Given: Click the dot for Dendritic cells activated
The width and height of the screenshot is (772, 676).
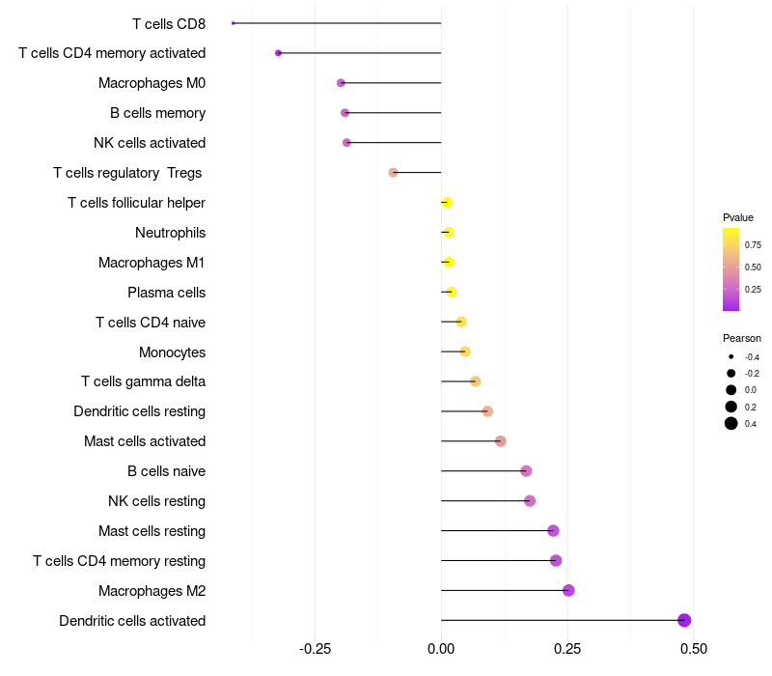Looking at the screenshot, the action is tap(684, 620).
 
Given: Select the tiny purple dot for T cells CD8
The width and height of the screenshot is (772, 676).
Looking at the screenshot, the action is tap(234, 23).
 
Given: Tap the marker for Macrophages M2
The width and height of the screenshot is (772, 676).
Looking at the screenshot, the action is tap(568, 590).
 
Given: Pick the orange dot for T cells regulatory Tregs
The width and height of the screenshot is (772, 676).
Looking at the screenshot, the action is tap(393, 173).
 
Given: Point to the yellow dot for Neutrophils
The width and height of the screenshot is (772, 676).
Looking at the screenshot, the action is tap(448, 232).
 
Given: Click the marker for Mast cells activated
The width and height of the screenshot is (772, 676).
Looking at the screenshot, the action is tap(500, 441).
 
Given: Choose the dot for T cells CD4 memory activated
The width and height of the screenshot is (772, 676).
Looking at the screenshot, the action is tap(278, 53).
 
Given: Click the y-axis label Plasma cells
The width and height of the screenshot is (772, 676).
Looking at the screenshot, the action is tap(166, 293).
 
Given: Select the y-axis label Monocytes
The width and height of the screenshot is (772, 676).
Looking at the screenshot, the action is tap(173, 352).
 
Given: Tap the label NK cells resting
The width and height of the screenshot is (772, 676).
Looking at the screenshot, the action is tap(156, 501).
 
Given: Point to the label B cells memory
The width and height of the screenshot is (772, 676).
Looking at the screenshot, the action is tap(157, 113).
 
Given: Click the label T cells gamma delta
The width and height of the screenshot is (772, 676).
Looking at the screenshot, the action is tap(143, 381).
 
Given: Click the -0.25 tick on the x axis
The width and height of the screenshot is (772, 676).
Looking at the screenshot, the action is tap(316, 649).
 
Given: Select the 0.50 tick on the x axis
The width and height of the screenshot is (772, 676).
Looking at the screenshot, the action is tap(694, 649).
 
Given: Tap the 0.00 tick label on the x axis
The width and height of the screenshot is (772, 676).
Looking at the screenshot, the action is tap(441, 649).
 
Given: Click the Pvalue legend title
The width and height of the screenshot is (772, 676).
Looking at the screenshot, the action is tap(737, 218).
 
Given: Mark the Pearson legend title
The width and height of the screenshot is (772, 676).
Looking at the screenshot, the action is tap(741, 339).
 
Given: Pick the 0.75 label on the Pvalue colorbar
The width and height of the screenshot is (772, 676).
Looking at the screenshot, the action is tap(753, 245).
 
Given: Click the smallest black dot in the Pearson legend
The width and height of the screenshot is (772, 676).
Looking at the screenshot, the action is tap(731, 356).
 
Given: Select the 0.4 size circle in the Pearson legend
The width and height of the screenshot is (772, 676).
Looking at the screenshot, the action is tap(731, 423).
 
